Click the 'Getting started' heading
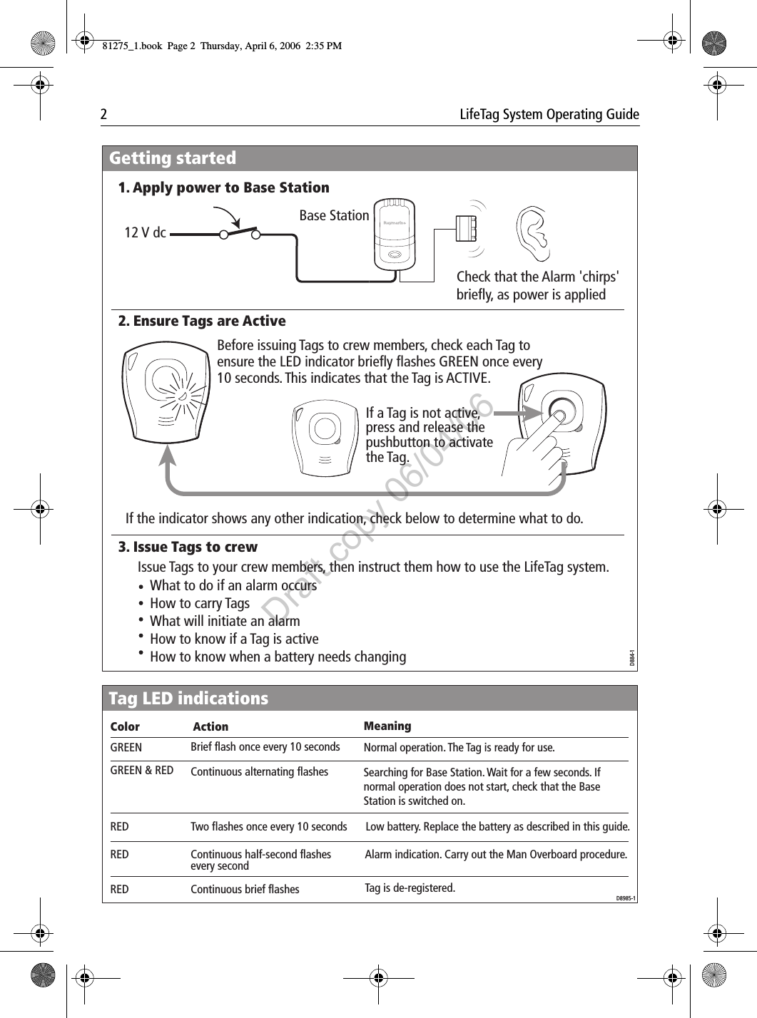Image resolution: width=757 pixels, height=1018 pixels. (173, 158)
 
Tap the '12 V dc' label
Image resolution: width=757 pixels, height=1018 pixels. (145, 233)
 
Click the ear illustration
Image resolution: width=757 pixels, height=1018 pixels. (534, 234)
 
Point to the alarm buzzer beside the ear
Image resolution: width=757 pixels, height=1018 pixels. (467, 228)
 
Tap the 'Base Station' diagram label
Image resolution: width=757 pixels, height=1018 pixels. (334, 215)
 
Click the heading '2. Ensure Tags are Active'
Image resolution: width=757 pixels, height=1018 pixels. (202, 321)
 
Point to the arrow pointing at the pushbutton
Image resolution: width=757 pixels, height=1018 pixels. (517, 413)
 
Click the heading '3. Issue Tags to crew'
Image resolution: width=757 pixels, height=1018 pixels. (188, 547)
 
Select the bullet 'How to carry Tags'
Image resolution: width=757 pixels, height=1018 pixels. (200, 603)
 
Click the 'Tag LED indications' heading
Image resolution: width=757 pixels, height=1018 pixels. (188, 699)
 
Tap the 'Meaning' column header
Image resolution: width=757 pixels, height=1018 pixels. (387, 726)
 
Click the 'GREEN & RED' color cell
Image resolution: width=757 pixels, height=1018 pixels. (142, 771)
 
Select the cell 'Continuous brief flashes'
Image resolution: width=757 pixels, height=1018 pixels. (245, 889)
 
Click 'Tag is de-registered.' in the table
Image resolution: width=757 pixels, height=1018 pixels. (410, 888)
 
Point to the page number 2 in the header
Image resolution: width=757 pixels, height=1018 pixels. (103, 115)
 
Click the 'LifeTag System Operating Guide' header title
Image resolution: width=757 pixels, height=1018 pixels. (549, 115)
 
